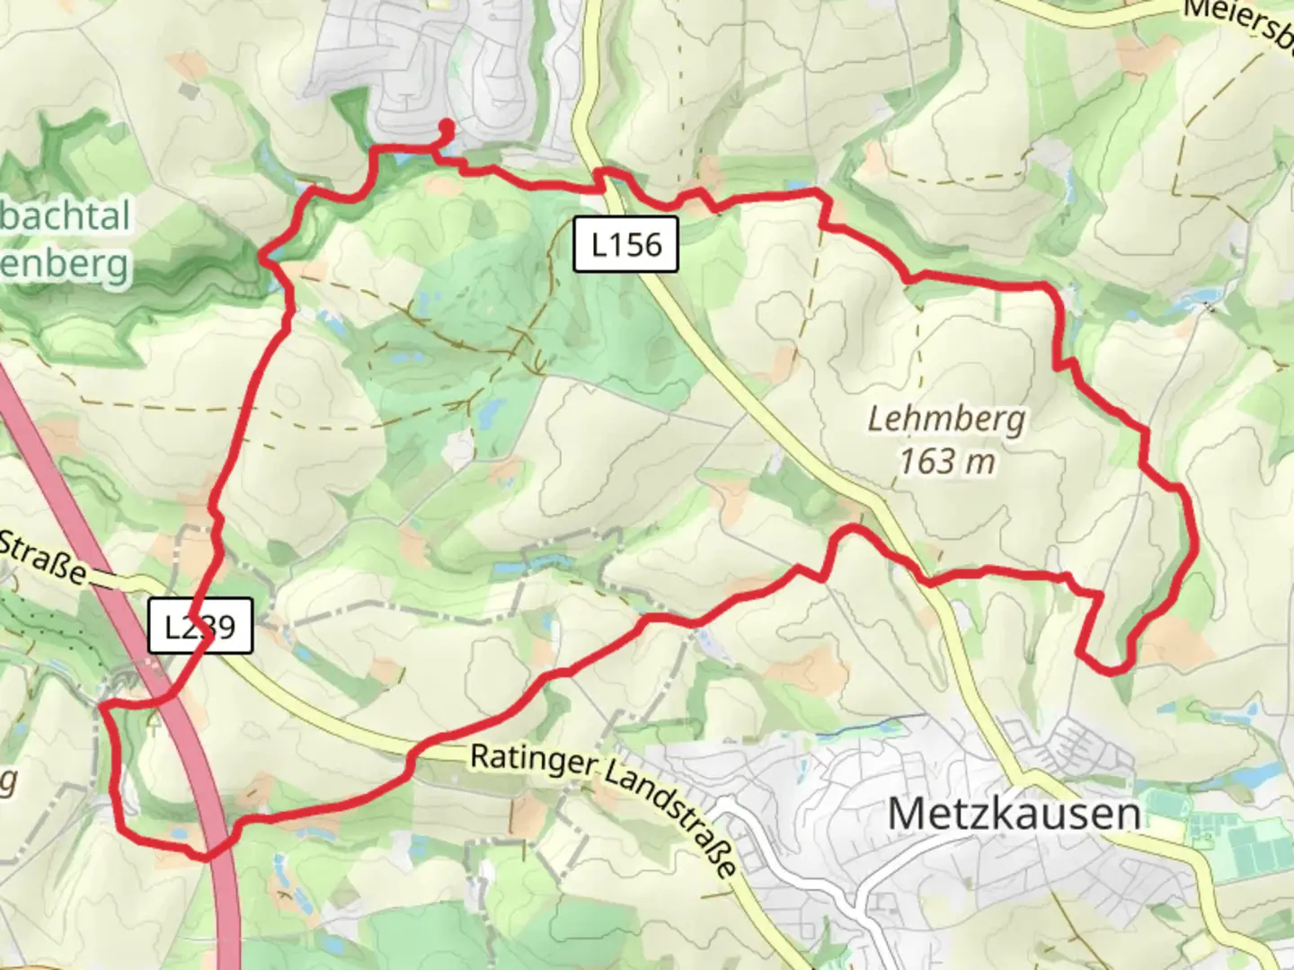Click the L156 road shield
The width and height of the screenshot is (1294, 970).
tap(626, 244)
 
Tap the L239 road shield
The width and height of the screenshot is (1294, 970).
tap(200, 626)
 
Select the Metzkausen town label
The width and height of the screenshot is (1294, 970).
tap(1014, 814)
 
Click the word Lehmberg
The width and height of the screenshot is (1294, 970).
tap(946, 419)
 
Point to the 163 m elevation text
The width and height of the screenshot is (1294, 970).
tap(947, 462)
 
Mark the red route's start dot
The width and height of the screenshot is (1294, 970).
tap(445, 126)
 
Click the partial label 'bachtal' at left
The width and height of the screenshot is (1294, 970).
tap(65, 216)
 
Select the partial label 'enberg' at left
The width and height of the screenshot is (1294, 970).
tap(65, 266)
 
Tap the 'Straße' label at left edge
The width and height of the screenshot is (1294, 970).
tap(43, 556)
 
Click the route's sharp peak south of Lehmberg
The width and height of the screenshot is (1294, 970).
tap(850, 529)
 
